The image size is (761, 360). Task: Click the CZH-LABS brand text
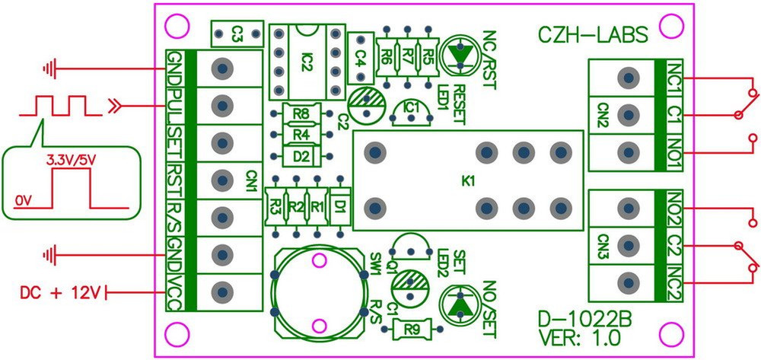[594, 34]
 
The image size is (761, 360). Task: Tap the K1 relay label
[468, 181]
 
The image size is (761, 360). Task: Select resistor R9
[412, 330]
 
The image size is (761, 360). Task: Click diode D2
[302, 157]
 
